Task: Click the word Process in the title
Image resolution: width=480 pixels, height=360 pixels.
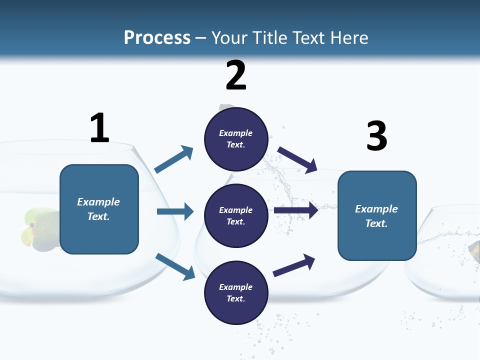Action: pos(157,37)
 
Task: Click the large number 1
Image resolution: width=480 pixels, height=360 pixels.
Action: pos(99,128)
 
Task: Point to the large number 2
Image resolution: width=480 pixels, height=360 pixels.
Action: pos(236,75)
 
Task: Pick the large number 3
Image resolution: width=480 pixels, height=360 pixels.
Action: pos(376,136)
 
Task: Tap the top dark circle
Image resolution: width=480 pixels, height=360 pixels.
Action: pos(236,139)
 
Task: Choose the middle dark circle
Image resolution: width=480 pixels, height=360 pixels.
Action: pos(236,215)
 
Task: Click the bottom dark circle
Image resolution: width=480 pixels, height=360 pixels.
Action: pos(236,293)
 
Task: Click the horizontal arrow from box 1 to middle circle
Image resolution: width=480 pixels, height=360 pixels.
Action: pos(175,211)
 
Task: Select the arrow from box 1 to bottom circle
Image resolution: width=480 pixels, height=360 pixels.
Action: pos(175,266)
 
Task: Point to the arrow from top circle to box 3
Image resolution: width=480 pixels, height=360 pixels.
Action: pos(297,159)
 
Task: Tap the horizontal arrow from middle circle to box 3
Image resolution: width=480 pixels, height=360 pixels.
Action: pos(296,210)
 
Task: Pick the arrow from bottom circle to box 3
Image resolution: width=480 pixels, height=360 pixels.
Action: pos(294,265)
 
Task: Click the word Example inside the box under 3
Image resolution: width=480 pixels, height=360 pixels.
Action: pos(376,209)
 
